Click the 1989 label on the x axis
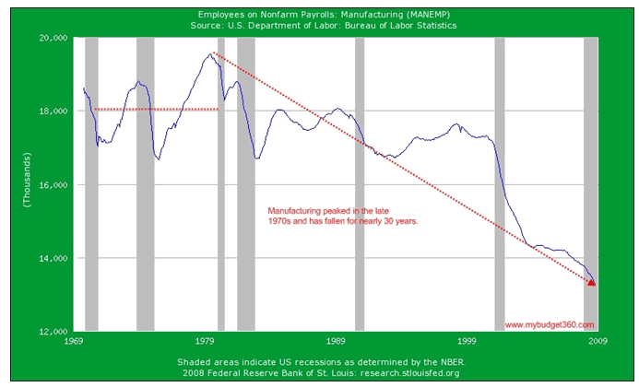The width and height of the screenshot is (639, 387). click(x=337, y=340)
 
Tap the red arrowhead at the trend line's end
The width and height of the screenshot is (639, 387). click(x=592, y=282)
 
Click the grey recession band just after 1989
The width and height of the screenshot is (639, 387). click(x=360, y=184)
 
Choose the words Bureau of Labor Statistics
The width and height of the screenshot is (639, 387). click(x=402, y=25)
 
